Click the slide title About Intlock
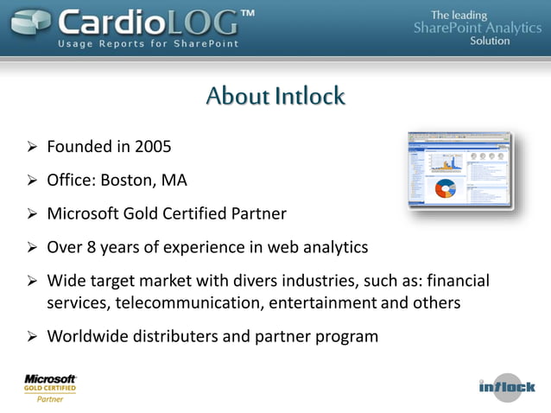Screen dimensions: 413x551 [x=275, y=96]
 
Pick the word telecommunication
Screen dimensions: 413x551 [x=189, y=302]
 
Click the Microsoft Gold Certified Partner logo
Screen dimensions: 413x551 [x=50, y=388]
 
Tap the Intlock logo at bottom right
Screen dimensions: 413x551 [x=507, y=386]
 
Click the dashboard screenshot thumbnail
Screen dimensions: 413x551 [x=460, y=171]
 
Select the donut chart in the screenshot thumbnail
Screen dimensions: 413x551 [x=446, y=188]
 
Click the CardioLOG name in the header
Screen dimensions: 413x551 [x=147, y=21]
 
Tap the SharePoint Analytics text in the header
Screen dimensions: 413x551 [x=478, y=28]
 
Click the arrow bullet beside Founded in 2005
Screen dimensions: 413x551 [x=31, y=147]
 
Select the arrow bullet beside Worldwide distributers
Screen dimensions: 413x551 [x=31, y=336]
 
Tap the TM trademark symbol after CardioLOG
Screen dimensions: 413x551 [x=247, y=15]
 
